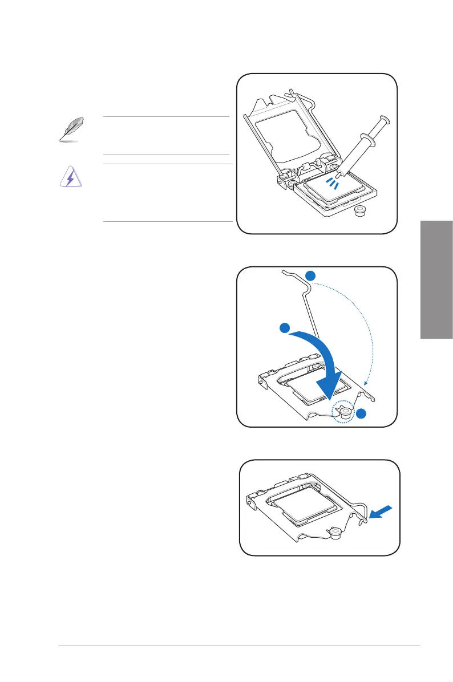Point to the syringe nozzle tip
tap(338, 176)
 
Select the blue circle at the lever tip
tap(310, 276)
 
